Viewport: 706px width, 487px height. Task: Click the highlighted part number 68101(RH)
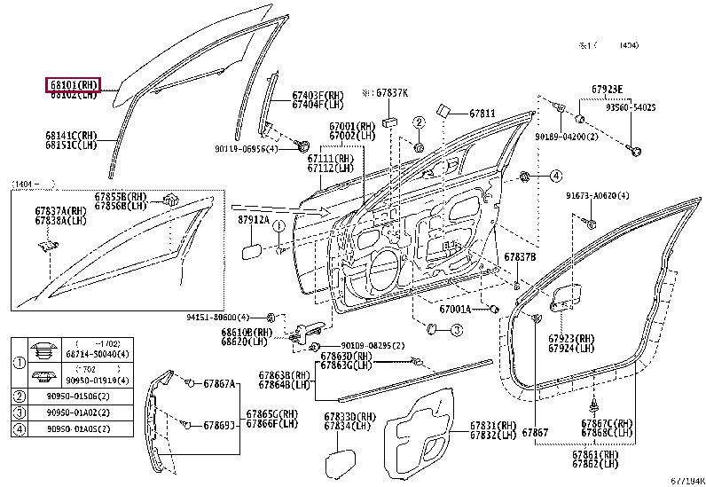[74, 84]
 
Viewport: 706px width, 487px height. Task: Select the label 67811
[482, 114]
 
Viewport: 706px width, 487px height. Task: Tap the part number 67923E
[608, 89]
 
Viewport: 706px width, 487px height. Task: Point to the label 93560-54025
[631, 107]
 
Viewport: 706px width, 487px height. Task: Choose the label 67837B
[520, 257]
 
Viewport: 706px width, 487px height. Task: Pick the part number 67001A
[459, 310]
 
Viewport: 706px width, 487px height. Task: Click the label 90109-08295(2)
[373, 345]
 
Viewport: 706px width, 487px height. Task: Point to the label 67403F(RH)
[318, 95]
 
